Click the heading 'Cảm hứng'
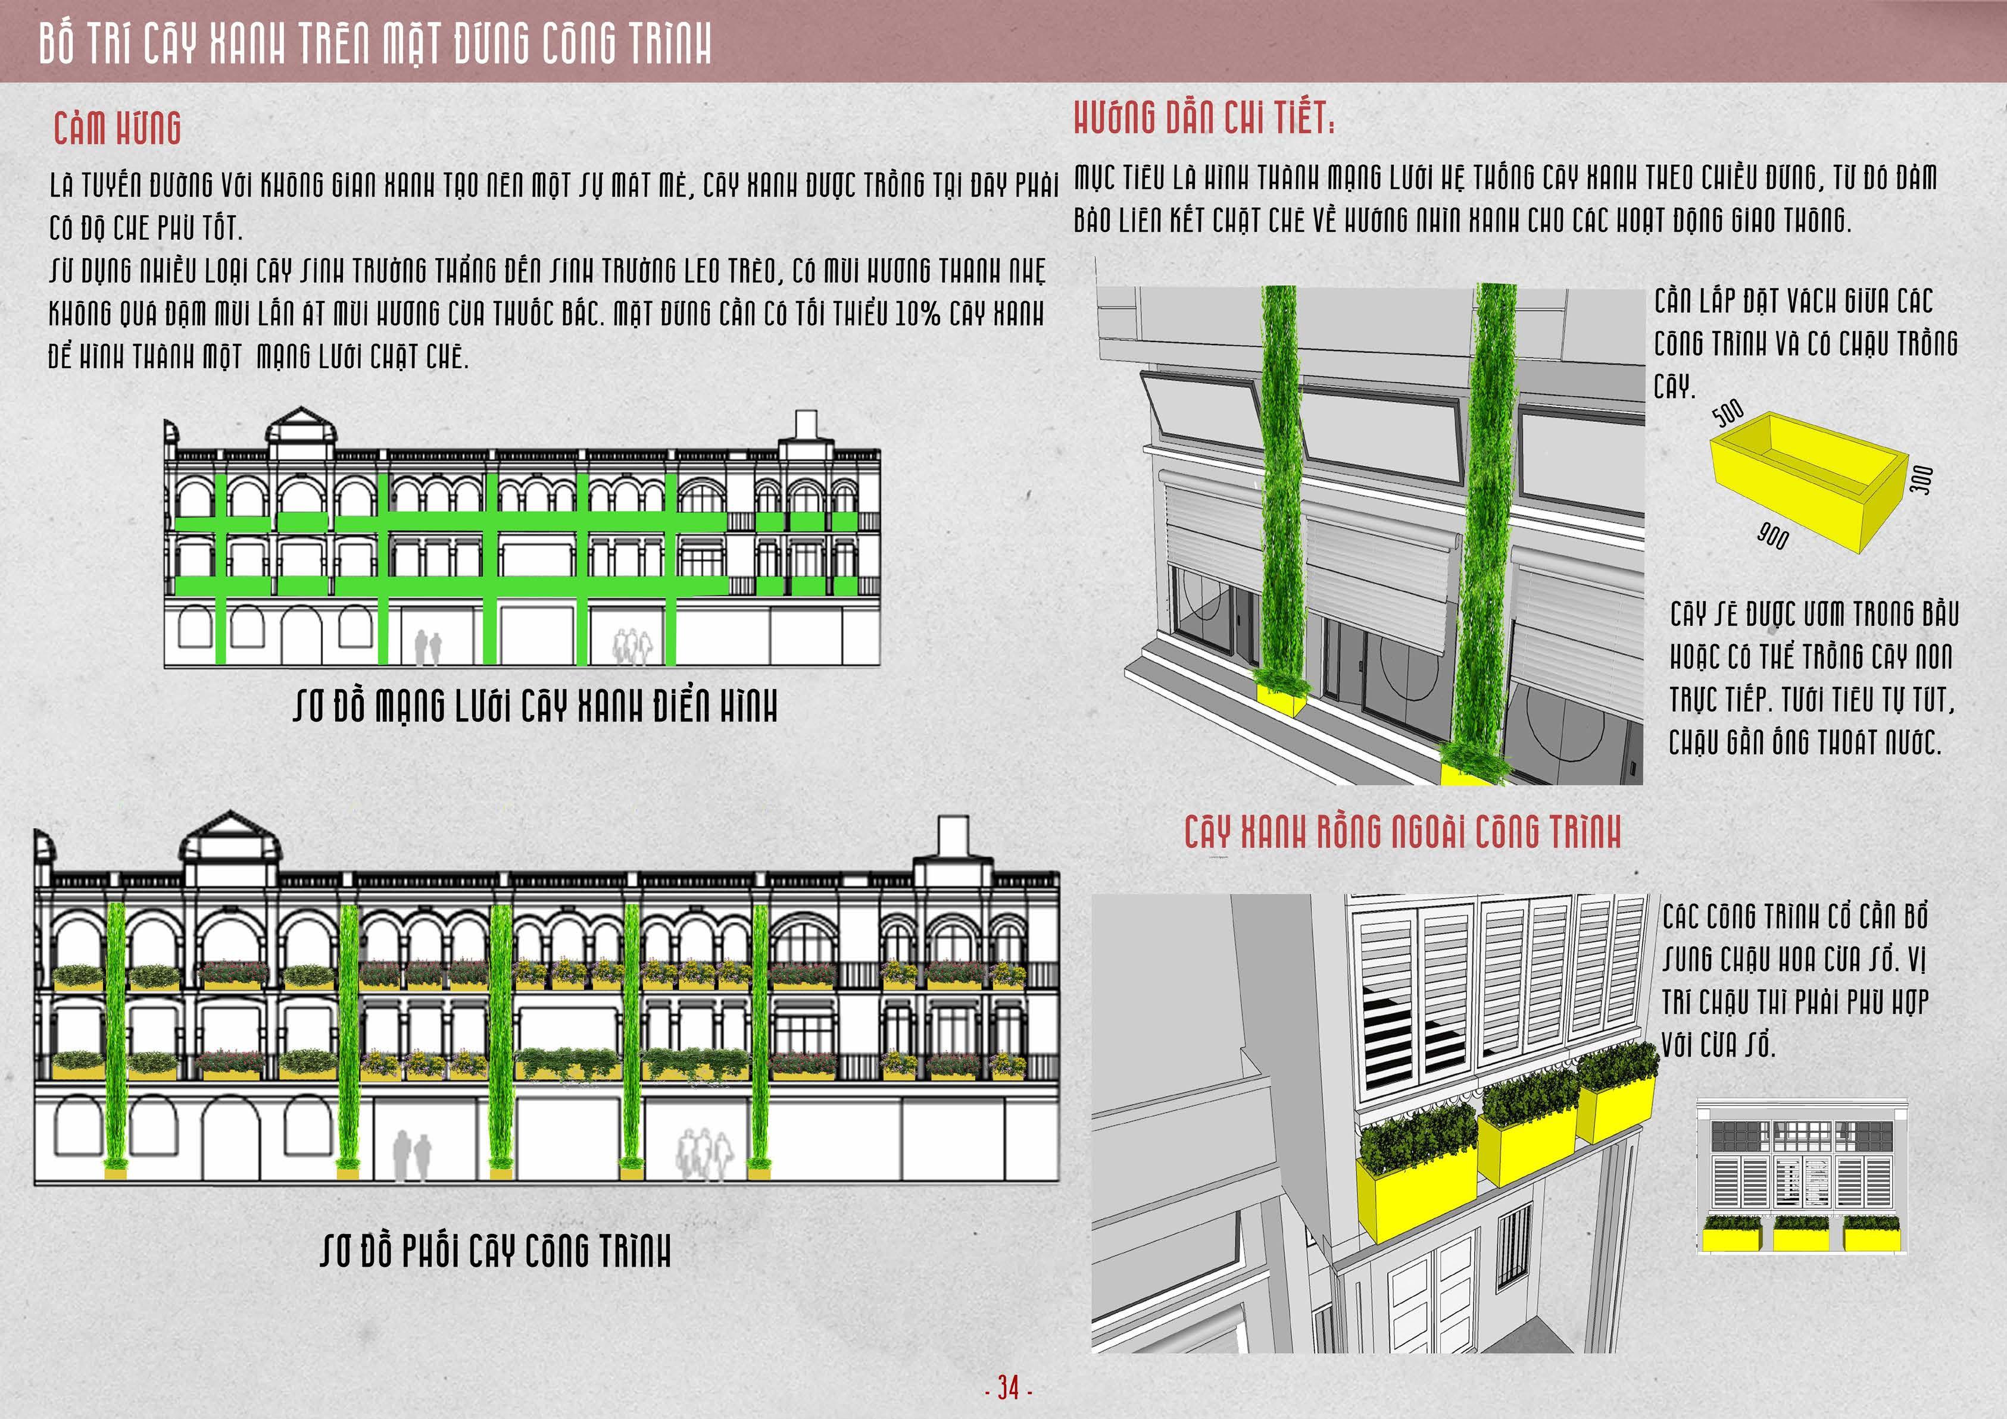(117, 129)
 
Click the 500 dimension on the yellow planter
(1727, 412)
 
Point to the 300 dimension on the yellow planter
(1921, 480)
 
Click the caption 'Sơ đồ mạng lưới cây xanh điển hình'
(535, 706)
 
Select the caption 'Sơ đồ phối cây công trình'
(495, 1251)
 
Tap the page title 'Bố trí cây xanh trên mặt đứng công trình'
(375, 43)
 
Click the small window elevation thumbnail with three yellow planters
(1802, 1176)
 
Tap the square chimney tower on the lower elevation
(953, 837)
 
